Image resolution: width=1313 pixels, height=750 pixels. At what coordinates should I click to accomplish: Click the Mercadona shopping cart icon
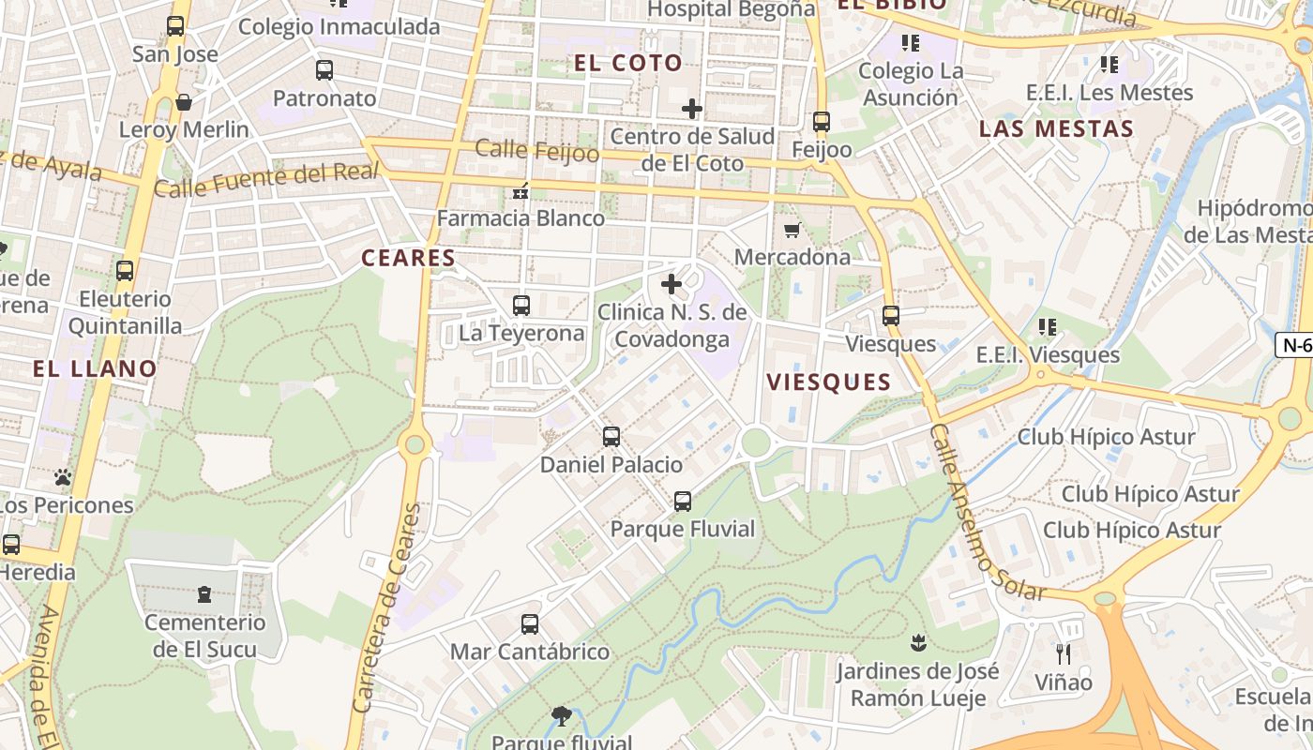tap(792, 230)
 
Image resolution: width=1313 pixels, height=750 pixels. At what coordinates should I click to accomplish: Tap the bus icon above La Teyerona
tap(521, 305)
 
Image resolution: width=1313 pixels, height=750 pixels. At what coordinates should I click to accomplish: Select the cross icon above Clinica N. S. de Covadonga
tap(672, 283)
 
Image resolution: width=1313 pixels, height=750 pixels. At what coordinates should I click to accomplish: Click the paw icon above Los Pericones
tap(63, 477)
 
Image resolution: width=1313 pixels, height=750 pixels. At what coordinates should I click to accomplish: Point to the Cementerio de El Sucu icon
tap(204, 593)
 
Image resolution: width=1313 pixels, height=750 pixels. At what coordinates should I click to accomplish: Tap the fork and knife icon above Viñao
tap(1063, 653)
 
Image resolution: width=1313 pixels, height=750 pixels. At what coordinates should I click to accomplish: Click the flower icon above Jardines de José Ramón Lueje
tap(917, 642)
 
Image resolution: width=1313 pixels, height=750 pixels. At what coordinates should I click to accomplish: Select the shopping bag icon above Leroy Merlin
tap(184, 101)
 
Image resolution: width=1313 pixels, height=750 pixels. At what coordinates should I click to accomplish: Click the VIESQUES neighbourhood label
tap(828, 382)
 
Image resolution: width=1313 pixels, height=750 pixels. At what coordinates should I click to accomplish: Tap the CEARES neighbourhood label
tap(408, 258)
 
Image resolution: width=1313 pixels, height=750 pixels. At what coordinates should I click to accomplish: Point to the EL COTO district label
tap(627, 63)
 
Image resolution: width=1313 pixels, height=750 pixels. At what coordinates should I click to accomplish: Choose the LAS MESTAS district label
tap(1056, 128)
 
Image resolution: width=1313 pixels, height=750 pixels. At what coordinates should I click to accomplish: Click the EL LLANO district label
tap(95, 368)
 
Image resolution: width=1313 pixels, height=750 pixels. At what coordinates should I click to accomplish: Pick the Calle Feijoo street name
tap(536, 150)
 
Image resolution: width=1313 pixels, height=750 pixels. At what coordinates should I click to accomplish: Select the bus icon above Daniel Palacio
tap(611, 436)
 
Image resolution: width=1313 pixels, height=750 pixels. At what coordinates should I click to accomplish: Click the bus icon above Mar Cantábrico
tap(530, 623)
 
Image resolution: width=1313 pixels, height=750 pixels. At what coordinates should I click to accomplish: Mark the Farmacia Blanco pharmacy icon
tap(521, 191)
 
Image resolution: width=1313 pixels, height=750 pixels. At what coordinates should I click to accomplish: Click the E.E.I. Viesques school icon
tap(1048, 327)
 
